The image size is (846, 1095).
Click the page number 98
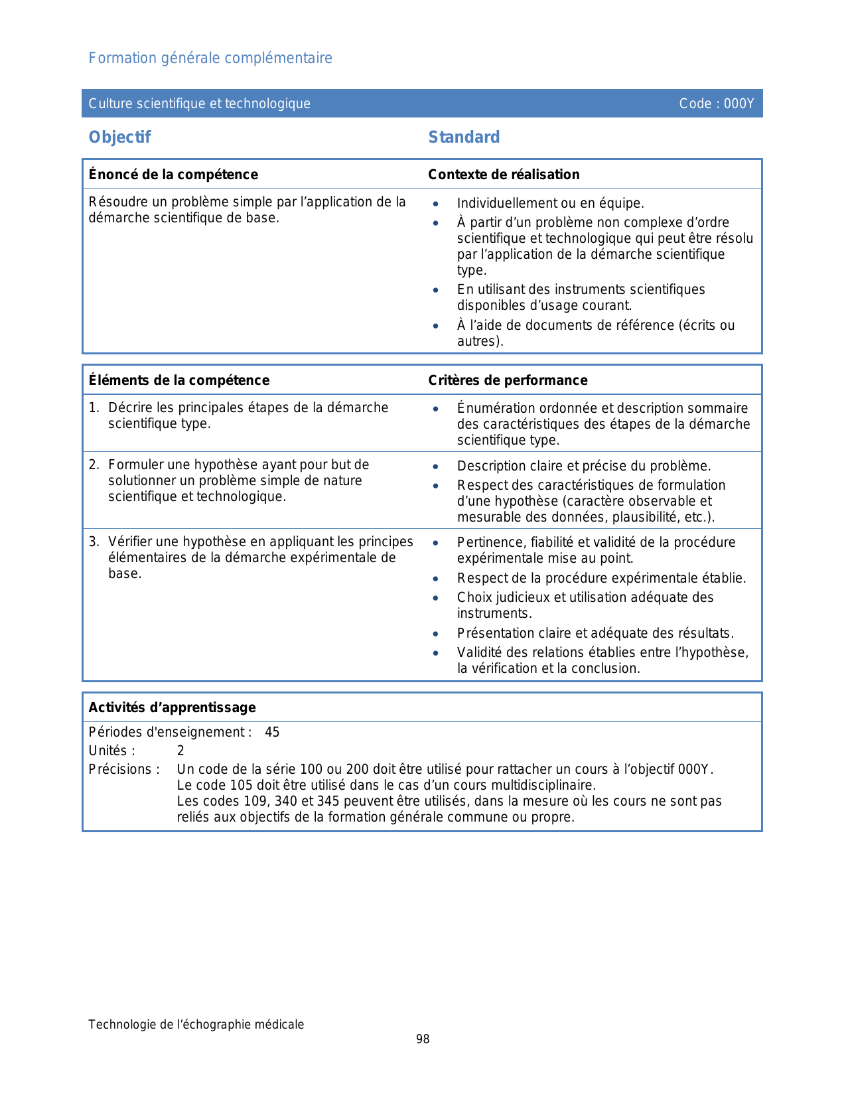click(423, 1039)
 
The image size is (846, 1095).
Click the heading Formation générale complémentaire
click(210, 58)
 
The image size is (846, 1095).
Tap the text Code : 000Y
click(716, 104)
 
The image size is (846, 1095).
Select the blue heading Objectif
click(119, 137)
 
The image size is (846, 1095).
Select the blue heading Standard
click(464, 137)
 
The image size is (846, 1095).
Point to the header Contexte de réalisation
click(504, 175)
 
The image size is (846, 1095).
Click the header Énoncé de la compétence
click(173, 175)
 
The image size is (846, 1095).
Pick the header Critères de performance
click(508, 380)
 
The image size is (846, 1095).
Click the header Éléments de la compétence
click(179, 380)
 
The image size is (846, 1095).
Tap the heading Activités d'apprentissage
click(172, 707)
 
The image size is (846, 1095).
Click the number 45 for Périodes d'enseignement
click(272, 733)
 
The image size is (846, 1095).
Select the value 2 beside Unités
click(180, 751)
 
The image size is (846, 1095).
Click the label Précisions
click(124, 770)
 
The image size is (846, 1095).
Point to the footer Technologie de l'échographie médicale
click(196, 1025)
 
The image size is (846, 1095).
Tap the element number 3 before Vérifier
click(93, 542)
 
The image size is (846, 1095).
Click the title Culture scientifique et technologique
click(200, 104)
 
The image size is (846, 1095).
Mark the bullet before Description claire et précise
click(435, 467)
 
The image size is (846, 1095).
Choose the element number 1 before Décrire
click(93, 407)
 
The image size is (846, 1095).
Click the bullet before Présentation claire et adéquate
click(435, 634)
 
